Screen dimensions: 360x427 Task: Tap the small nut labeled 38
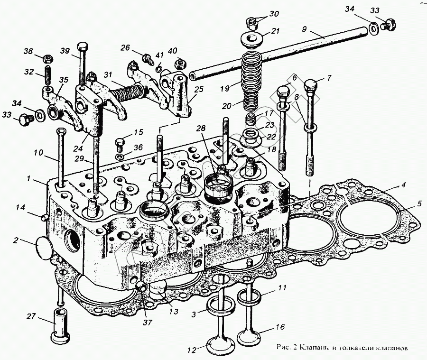[x=47, y=58]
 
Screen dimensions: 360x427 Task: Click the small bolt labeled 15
[x=121, y=142]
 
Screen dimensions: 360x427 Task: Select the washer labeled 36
[x=120, y=156]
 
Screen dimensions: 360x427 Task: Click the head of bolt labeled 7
[x=312, y=87]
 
